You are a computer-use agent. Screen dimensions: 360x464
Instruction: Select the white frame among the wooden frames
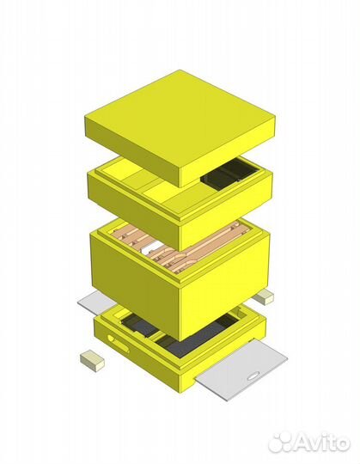pos(152,248)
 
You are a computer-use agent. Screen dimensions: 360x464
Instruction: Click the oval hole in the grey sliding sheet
pos(253,377)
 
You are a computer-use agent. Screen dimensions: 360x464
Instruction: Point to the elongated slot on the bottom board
pos(119,343)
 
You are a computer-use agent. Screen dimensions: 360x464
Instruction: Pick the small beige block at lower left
pos(92,360)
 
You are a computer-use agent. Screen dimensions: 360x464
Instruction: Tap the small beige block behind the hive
pos(264,296)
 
